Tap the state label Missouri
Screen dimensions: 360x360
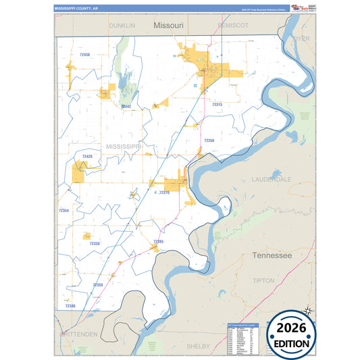(x=168, y=25)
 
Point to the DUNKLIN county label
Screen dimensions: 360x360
(x=123, y=25)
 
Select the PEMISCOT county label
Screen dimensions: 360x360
(x=233, y=25)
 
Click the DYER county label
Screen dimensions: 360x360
(x=301, y=38)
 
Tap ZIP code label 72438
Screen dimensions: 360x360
(x=84, y=54)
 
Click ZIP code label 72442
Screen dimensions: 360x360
(x=127, y=106)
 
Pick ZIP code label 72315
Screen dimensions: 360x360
(x=217, y=105)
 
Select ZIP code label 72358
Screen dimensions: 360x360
(x=209, y=140)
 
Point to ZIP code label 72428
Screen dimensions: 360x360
(x=87, y=156)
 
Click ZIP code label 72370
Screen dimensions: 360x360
(x=163, y=192)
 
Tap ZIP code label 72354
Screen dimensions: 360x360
(x=64, y=211)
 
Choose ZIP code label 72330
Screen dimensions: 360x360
(x=95, y=243)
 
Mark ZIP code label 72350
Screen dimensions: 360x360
(x=98, y=285)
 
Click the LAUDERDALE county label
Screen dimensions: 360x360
(x=272, y=180)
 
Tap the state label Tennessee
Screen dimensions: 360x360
(x=272, y=255)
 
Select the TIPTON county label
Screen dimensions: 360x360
(x=263, y=280)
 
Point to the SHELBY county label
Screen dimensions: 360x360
(x=198, y=346)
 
